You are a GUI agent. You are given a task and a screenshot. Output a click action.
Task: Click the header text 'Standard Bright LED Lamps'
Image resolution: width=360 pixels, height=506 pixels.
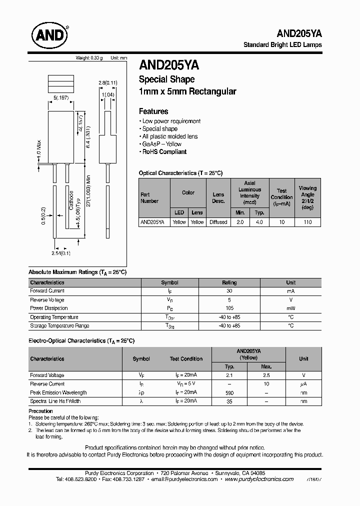click(x=282, y=44)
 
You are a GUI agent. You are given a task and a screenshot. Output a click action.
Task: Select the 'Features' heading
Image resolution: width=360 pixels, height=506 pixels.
click(x=153, y=111)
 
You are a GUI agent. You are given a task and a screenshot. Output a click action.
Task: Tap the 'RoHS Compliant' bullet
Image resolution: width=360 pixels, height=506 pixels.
click(x=163, y=152)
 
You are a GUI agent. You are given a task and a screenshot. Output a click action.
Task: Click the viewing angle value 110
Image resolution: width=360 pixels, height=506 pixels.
click(x=307, y=222)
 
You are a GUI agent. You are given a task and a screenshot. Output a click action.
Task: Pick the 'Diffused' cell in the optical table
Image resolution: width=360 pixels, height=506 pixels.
click(x=218, y=222)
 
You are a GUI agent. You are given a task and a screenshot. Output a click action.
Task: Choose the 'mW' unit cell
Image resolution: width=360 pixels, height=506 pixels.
click(x=290, y=308)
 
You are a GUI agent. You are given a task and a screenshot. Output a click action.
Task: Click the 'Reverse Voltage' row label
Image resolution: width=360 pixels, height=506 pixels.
click(x=47, y=300)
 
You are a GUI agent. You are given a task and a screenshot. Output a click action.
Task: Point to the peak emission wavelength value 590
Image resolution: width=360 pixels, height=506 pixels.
click(x=229, y=393)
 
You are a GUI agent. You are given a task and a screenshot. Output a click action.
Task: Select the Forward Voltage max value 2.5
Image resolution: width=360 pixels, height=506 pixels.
click(x=266, y=375)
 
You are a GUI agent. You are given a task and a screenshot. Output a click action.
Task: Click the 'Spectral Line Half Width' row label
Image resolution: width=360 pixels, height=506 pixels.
click(x=55, y=401)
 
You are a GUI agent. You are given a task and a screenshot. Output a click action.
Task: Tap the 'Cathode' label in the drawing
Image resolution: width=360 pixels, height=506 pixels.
click(x=71, y=200)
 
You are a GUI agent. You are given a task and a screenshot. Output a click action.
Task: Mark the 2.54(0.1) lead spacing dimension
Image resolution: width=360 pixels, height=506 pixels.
click(x=61, y=253)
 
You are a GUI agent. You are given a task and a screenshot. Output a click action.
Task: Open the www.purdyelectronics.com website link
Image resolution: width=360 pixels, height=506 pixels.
click(x=259, y=479)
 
